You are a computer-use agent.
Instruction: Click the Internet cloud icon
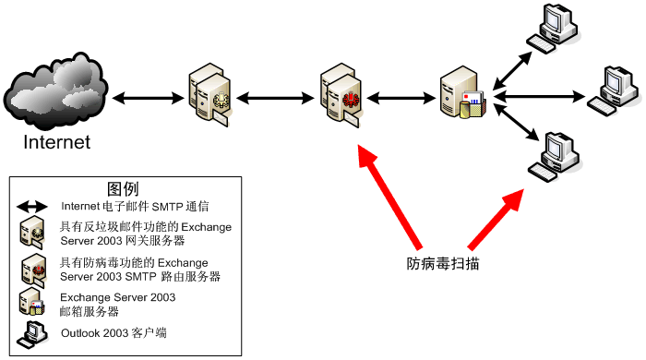55,90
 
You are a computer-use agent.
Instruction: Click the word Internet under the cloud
57,142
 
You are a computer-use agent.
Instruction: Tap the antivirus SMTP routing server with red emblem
341,95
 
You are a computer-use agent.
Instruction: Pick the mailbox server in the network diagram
462,93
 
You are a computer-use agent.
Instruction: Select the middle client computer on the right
614,91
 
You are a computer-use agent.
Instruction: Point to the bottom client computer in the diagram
555,157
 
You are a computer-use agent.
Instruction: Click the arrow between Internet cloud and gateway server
149,98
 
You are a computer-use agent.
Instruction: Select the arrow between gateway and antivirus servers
275,98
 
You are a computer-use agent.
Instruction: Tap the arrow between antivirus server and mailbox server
401,98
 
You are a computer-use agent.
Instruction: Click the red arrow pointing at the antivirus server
389,197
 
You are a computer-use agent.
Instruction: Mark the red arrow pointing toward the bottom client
496,219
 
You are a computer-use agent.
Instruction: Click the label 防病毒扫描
443,264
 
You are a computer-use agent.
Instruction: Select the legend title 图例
123,189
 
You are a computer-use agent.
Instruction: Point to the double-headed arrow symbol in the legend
32,207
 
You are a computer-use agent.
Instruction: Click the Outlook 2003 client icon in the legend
32,334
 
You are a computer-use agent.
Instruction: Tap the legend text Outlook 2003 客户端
114,333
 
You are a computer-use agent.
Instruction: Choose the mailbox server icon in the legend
31,303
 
